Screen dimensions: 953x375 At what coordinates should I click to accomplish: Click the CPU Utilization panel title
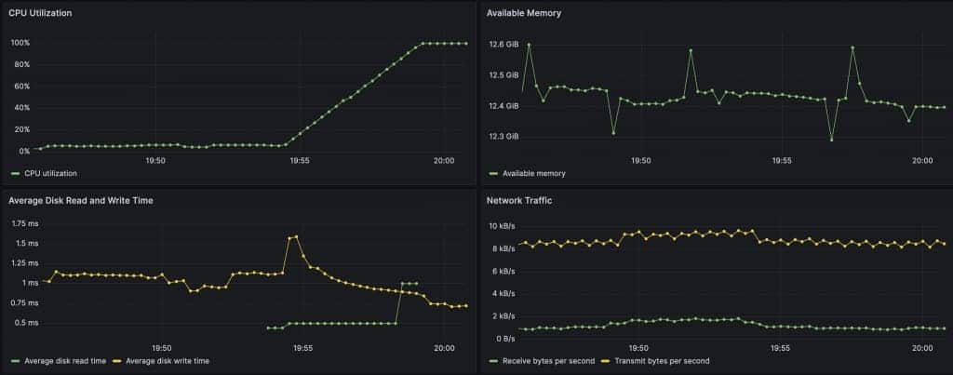click(40, 13)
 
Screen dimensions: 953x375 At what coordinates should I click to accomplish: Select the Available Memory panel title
click(524, 13)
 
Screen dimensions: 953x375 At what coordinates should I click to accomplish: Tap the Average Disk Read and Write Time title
click(81, 200)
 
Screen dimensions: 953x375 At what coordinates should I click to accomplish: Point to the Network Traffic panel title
click(519, 200)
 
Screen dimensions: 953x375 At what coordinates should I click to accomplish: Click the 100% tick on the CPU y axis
click(20, 43)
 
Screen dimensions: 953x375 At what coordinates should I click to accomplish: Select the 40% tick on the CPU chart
click(22, 108)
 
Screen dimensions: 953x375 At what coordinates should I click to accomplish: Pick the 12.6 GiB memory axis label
click(503, 45)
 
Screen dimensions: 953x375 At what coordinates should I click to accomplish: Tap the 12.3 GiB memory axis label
click(503, 137)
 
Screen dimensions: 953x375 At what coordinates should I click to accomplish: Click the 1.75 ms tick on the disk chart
click(25, 223)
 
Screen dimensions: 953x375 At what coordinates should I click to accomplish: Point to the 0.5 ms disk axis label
click(27, 323)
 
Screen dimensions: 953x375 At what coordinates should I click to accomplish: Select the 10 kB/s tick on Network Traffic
click(502, 226)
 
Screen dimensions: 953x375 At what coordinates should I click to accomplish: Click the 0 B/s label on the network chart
click(503, 339)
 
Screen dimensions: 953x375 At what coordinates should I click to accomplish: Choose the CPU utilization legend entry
click(45, 173)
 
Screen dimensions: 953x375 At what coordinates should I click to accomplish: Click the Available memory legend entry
click(528, 173)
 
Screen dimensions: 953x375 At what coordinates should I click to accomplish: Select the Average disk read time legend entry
click(59, 361)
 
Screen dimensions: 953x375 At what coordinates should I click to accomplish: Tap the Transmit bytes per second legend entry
click(655, 361)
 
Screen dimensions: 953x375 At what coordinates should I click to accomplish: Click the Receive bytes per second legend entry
click(543, 361)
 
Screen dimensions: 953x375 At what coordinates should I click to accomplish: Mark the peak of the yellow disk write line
click(296, 236)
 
